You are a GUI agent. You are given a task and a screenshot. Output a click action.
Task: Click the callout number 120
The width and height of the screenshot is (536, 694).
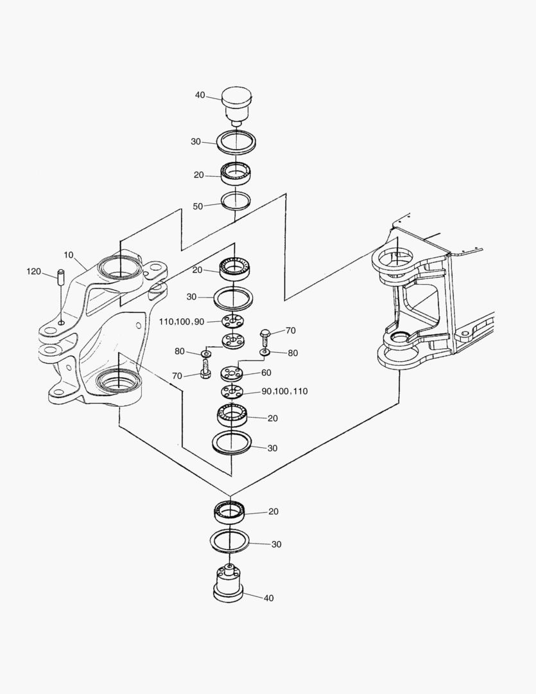click(33, 271)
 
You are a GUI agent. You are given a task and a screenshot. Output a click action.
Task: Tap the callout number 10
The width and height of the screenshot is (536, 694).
click(69, 255)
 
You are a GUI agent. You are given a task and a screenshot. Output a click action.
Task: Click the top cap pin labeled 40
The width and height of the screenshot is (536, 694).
click(237, 105)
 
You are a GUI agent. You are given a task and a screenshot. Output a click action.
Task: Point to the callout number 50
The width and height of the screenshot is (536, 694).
click(198, 206)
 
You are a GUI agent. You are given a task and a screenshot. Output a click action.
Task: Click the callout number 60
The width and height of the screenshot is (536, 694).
click(266, 373)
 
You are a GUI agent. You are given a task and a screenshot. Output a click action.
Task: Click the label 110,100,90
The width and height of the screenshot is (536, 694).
click(182, 321)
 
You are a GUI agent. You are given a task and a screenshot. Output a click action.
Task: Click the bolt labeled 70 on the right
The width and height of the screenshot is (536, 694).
click(264, 335)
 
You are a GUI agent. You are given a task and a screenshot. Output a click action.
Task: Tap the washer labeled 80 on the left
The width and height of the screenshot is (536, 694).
click(206, 354)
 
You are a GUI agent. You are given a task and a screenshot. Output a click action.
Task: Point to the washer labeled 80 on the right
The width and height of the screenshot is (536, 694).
click(264, 352)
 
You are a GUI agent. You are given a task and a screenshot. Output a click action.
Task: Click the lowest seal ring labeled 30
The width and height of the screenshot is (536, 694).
click(230, 540)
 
